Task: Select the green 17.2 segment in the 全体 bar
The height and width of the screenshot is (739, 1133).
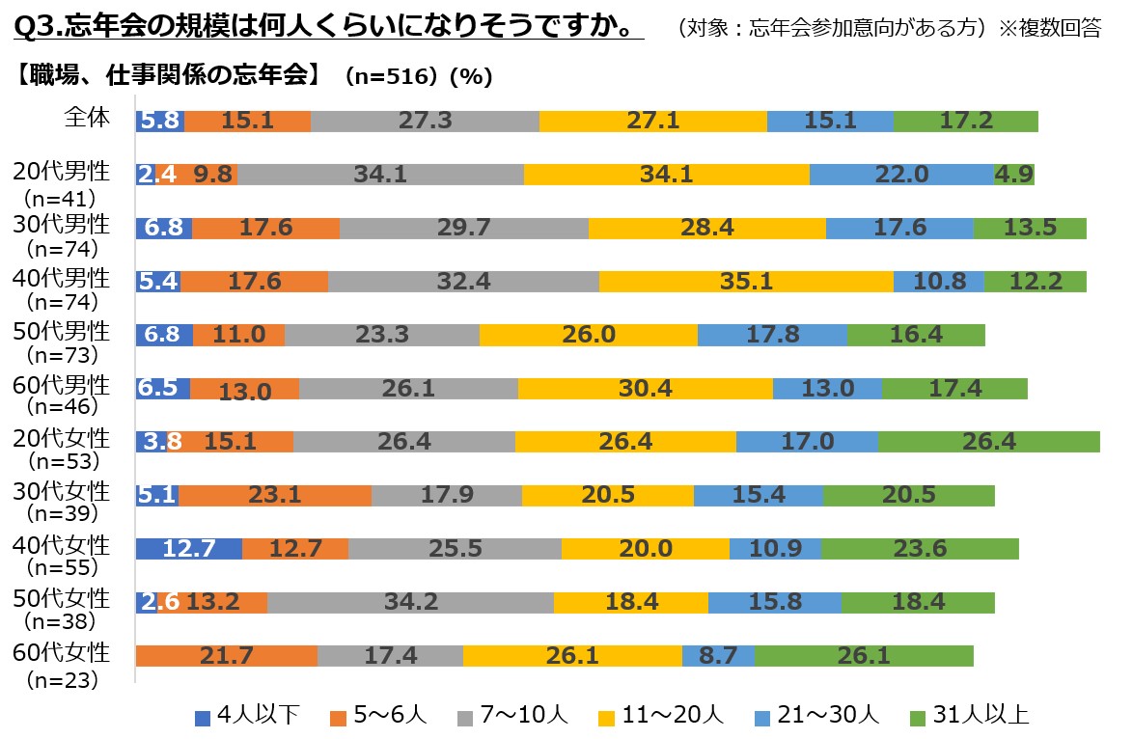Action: [x=965, y=121]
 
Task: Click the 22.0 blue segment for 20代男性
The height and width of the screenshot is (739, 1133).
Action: [x=901, y=174]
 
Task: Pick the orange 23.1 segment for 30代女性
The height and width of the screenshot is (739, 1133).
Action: [x=275, y=495]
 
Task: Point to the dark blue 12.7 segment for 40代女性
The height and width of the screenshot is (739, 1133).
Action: [x=188, y=548]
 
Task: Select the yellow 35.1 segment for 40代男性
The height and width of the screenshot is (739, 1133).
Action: [x=746, y=281]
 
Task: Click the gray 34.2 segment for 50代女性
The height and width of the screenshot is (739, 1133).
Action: [x=410, y=602]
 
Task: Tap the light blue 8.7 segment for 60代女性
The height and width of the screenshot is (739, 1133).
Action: [x=718, y=656]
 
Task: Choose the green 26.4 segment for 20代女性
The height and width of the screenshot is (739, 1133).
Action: [x=989, y=442]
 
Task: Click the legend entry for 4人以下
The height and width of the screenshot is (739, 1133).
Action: [x=247, y=716]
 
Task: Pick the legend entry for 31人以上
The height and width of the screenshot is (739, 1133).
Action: [x=969, y=716]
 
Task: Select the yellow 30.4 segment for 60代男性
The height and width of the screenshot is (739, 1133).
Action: [x=645, y=388]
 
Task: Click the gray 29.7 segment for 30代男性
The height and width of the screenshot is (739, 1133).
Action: [x=463, y=228]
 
